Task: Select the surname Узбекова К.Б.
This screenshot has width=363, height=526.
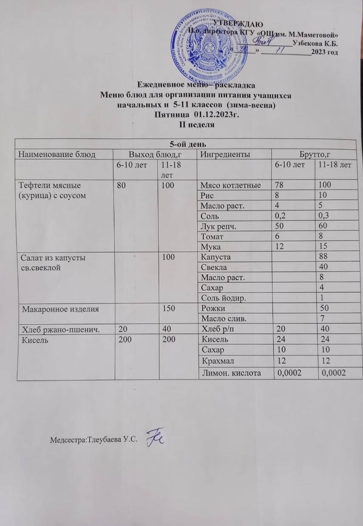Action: [x=315, y=43]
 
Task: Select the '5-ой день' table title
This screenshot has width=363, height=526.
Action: [x=189, y=143]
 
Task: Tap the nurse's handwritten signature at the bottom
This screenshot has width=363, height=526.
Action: [x=156, y=437]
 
